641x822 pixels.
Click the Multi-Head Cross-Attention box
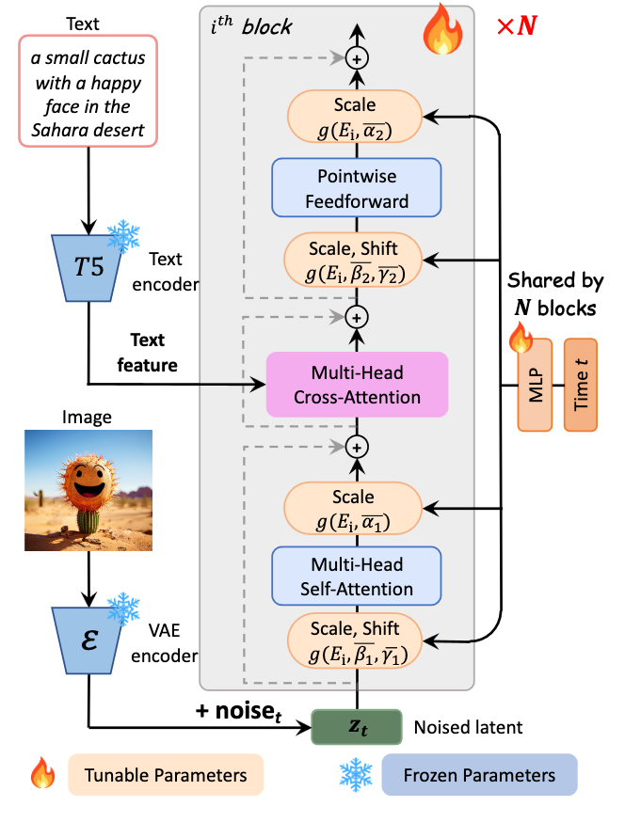pos(357,384)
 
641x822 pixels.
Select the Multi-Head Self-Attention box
pos(357,577)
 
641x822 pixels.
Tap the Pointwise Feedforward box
pos(357,187)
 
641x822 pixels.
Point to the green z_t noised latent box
pos(357,726)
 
